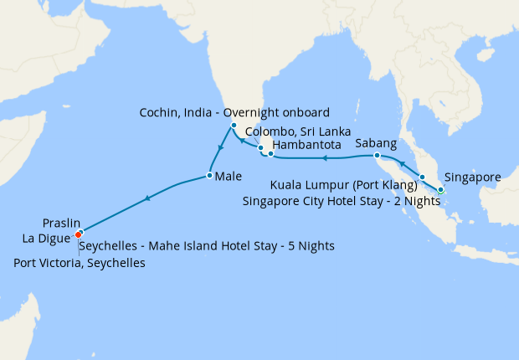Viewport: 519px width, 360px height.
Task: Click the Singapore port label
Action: coord(473,177)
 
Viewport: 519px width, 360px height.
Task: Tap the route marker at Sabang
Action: coord(377,156)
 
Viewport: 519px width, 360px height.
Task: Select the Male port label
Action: coord(229,177)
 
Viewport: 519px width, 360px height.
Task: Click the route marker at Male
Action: coord(208,176)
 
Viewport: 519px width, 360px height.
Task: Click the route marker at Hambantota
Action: coord(270,154)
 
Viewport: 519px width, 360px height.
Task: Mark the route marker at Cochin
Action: coord(234,126)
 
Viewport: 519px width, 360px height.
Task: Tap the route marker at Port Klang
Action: coord(422,177)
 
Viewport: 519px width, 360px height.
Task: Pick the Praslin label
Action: coord(61,224)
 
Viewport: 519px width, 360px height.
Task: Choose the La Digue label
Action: coord(47,238)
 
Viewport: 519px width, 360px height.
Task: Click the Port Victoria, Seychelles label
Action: coord(80,263)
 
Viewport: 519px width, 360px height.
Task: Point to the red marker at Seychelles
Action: coord(79,234)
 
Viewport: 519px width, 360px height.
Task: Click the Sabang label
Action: coord(376,143)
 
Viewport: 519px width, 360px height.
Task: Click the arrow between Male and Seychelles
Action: coord(147,198)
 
